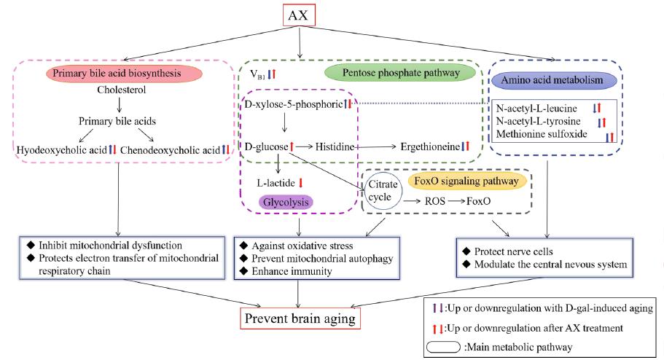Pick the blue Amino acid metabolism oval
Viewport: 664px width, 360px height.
(x=555, y=79)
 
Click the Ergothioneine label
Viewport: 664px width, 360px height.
(x=429, y=147)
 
